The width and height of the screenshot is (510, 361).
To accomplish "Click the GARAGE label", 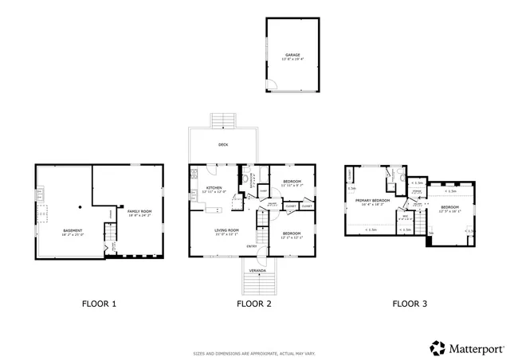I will (293, 55).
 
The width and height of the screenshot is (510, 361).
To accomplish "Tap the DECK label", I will (224, 145).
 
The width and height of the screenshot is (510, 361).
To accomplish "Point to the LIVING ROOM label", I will (227, 231).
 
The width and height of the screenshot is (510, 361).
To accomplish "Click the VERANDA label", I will (257, 271).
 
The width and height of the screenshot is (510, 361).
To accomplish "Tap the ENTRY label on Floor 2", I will (252, 246).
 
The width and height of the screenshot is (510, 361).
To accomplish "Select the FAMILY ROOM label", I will (139, 210).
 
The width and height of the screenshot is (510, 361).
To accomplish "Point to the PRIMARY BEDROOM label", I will (372, 200).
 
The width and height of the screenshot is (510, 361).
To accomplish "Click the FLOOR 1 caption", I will (100, 304).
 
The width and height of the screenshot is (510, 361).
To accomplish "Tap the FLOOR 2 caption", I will (254, 304).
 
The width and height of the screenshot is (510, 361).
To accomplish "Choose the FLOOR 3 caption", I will (410, 304).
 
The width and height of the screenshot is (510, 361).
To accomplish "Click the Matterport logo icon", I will (437, 348).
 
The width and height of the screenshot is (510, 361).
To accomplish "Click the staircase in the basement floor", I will (111, 236).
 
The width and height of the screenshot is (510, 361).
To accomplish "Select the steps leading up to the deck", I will (224, 120).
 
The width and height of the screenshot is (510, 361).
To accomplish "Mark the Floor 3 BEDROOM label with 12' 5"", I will (450, 209).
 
